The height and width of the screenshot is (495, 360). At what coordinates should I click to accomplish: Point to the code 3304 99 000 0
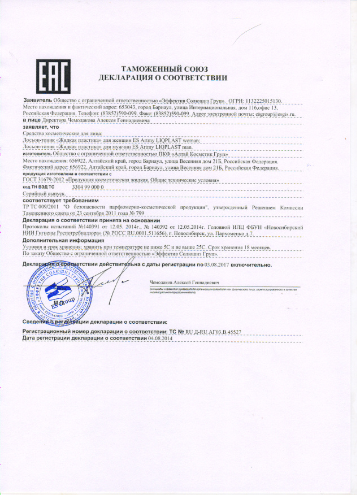pos(89,186)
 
